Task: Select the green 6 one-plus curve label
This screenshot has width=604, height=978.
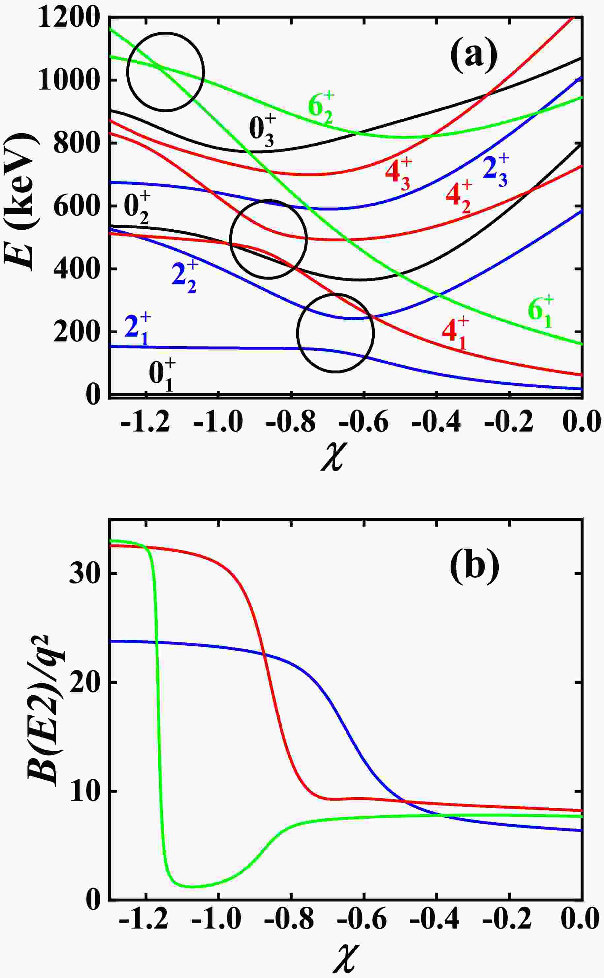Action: pos(540,312)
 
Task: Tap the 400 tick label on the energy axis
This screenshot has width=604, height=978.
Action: pos(75,269)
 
